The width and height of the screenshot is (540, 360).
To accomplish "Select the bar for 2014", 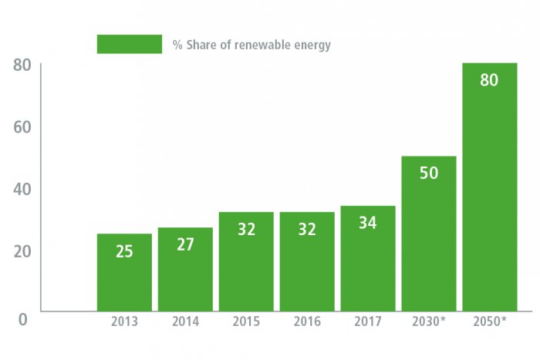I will [x=185, y=269].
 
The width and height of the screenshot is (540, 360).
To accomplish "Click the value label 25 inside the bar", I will [x=124, y=251].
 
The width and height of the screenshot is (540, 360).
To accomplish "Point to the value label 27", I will [x=185, y=244].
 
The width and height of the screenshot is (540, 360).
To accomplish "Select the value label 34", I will [x=368, y=223].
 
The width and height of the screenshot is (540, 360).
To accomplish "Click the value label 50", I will [x=428, y=173].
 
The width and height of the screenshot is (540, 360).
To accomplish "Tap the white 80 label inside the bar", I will [x=489, y=79].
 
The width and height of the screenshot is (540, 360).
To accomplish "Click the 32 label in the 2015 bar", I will [x=246, y=229].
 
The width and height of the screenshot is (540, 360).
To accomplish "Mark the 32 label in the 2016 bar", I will [x=306, y=229].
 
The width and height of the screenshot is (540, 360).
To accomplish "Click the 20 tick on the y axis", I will [x=22, y=251].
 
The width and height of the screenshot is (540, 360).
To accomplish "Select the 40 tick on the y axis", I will [x=22, y=189].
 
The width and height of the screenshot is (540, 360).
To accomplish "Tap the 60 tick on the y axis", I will [x=22, y=126].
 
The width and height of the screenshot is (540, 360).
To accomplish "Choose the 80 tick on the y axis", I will [x=22, y=65].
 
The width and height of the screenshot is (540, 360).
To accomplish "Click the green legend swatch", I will [x=129, y=44].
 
